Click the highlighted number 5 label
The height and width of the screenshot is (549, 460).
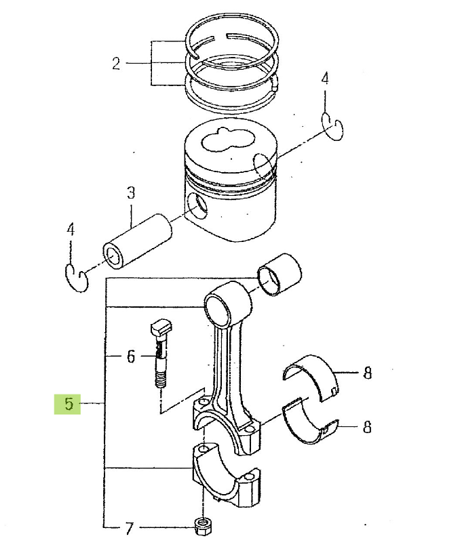pos(68,405)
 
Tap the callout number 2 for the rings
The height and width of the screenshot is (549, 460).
pos(116,64)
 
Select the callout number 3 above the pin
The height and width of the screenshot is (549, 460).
pos(131,193)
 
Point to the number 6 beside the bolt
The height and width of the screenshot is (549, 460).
pos(132,356)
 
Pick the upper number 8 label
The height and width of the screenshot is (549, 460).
pos(367,372)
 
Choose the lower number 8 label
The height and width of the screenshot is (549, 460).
pos(367,427)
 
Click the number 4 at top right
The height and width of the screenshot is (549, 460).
pos(324,79)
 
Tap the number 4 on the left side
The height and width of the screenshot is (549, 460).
pos(71,230)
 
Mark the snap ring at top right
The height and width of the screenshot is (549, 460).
pos(332,127)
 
